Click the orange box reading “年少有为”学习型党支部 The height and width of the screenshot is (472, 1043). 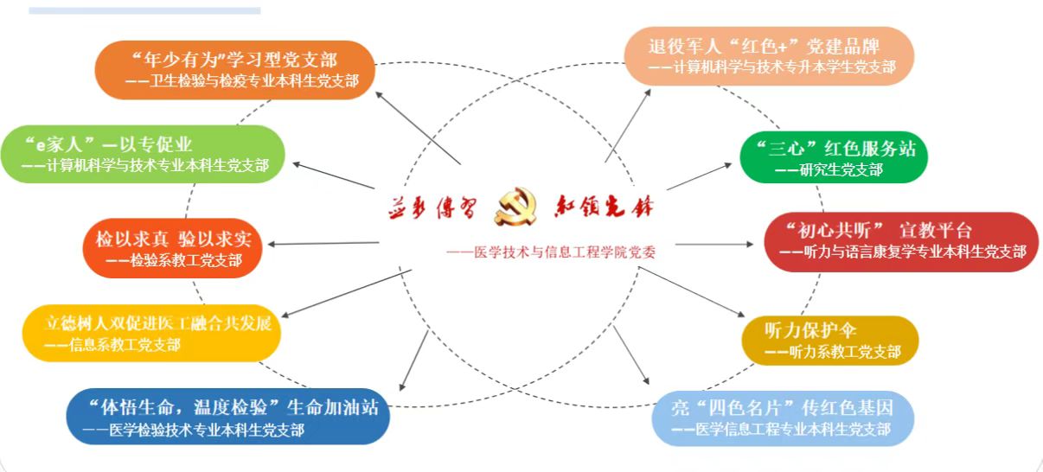tap(234, 70)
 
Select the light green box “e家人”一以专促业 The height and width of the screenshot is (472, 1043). tap(144, 154)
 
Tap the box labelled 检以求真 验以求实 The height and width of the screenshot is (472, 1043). tap(173, 247)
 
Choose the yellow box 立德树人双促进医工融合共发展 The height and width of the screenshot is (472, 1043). tap(151, 334)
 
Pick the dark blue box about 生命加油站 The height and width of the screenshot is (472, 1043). tap(227, 417)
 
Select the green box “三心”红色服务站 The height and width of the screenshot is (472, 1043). tap(834, 157)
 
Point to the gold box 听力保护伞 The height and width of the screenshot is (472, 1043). tap(829, 341)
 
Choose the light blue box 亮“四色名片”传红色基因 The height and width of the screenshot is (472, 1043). tap(783, 418)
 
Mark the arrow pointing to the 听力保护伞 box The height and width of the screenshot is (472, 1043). tap(692, 294)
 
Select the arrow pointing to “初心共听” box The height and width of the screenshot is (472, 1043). tap(713, 244)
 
